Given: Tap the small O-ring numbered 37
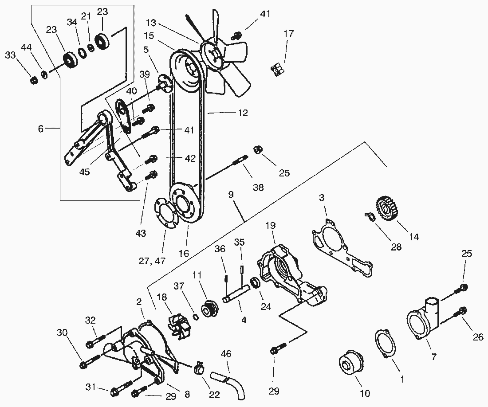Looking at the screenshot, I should point(195,317).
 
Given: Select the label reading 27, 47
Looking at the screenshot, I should point(152,261).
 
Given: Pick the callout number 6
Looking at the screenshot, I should point(41,129).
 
